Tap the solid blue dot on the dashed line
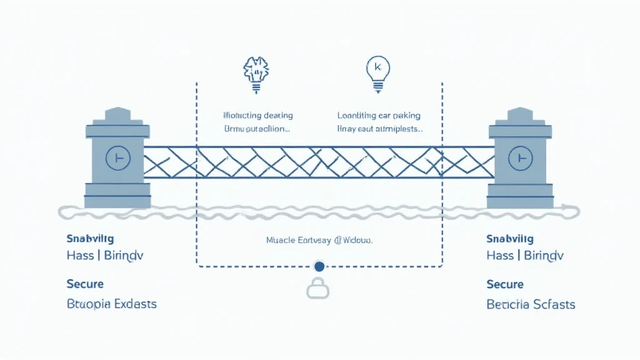319,267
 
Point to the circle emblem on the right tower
521,159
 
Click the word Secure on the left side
85,284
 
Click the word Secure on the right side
505,284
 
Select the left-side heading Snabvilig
90,238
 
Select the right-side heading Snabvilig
510,238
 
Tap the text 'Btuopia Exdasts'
111,304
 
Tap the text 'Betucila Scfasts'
531,304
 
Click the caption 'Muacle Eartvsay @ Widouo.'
319,239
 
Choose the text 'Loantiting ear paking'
379,116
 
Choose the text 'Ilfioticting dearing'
258,116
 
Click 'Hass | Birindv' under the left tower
104,255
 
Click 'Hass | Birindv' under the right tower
524,255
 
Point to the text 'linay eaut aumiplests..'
380,129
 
